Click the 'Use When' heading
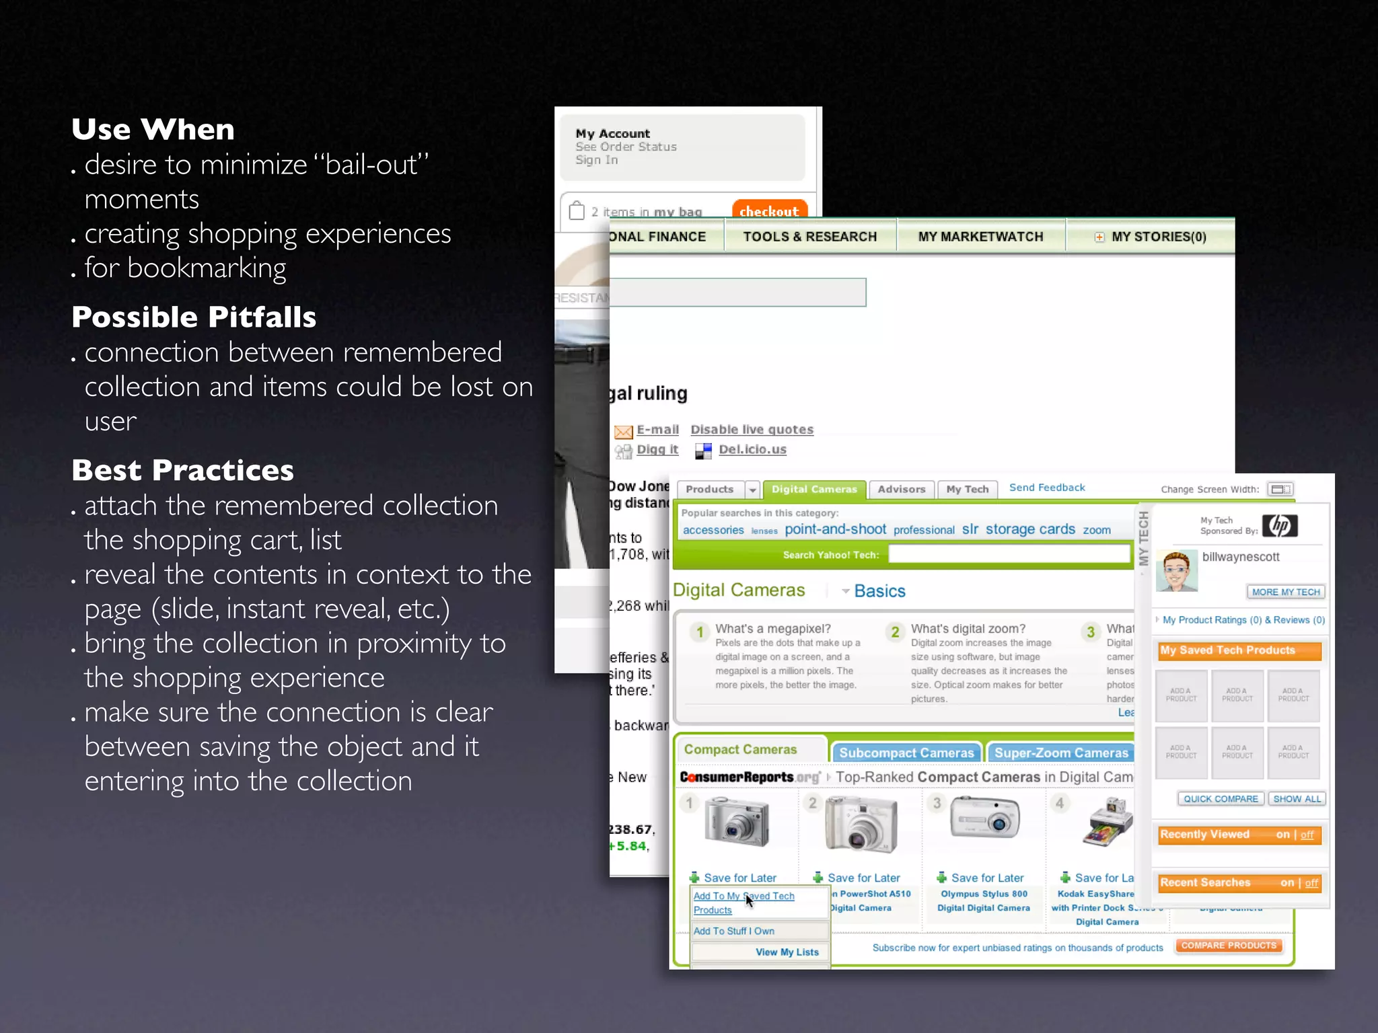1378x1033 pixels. point(153,129)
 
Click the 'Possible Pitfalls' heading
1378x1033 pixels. point(194,317)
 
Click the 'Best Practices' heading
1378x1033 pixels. point(182,470)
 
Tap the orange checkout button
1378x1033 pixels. point(768,211)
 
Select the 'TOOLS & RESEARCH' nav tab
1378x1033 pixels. point(809,237)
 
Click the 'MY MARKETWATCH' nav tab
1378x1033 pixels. point(980,237)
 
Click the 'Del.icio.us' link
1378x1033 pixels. point(752,449)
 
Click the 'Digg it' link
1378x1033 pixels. point(657,449)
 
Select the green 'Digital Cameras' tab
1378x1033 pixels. point(814,489)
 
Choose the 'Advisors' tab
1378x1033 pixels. point(901,489)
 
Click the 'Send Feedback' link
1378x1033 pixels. point(1046,488)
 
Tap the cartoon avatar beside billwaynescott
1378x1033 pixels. point(1176,571)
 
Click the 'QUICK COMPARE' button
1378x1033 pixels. point(1221,799)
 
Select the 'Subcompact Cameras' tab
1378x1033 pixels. point(906,753)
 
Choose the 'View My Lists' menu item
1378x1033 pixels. point(787,952)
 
